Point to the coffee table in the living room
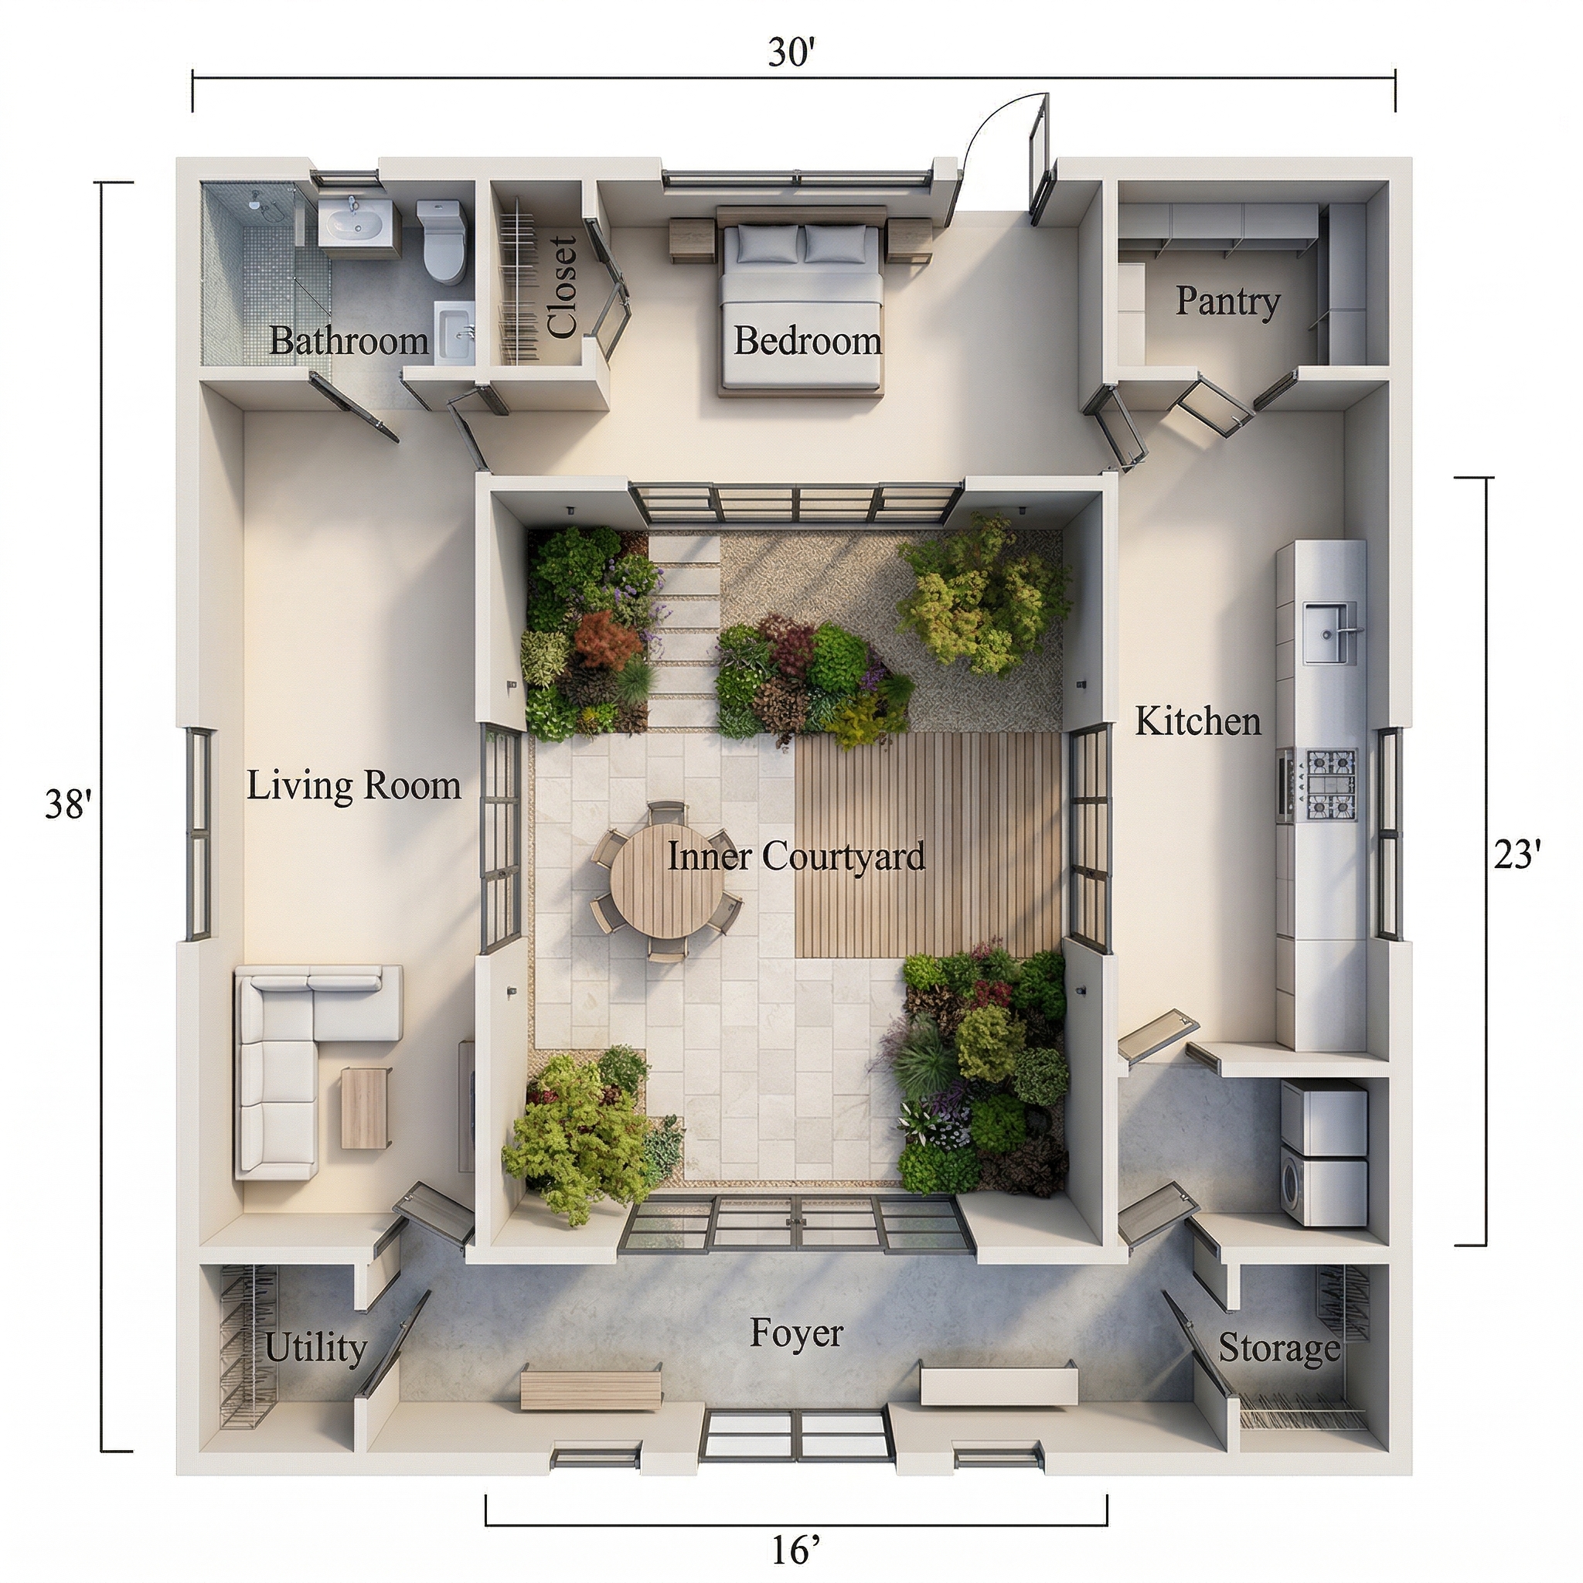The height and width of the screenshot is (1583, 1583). pos(366,1108)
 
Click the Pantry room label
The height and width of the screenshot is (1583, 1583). pos(1227,301)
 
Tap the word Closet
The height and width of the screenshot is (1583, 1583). pos(563,287)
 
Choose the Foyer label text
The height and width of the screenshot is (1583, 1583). pos(796,1333)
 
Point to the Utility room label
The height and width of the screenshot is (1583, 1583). pos(316,1349)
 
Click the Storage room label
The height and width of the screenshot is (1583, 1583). pos(1279,1349)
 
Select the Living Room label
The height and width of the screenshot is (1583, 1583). pos(354,786)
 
